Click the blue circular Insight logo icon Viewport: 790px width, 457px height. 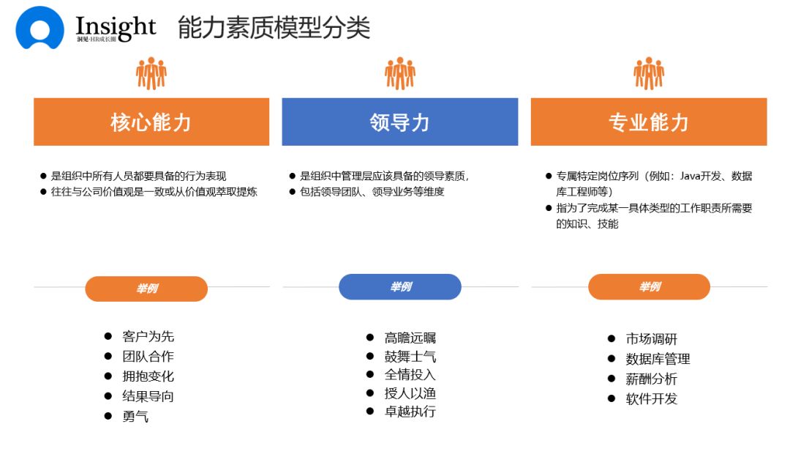coord(39,28)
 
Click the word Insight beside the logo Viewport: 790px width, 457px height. coord(116,26)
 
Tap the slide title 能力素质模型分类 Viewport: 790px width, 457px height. coord(274,28)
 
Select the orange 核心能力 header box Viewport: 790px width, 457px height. coord(151,122)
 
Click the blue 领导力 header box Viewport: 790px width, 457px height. coord(399,122)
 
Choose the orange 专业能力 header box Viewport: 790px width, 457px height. coord(649,122)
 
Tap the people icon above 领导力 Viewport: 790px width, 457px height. coord(400,73)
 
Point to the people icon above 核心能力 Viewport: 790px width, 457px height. coord(151,73)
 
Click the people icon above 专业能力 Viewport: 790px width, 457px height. coord(649,73)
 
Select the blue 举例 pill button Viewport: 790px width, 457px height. coord(399,287)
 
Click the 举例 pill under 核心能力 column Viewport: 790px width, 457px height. coord(146,289)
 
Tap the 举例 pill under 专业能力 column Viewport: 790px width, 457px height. coord(649,287)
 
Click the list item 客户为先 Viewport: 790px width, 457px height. coord(148,337)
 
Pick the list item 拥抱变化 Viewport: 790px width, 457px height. coord(148,376)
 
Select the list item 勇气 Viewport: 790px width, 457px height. coord(135,416)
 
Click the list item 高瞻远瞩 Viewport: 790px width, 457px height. coord(410,338)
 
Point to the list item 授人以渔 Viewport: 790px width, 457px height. coord(410,393)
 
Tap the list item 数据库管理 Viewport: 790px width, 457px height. coord(658,359)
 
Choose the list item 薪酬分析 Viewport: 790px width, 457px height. coord(651,379)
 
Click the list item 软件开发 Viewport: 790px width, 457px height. coord(651,398)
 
